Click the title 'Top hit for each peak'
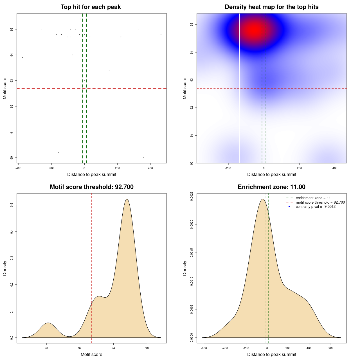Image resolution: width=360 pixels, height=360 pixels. (91, 7)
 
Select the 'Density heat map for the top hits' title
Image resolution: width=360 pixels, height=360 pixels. (271, 7)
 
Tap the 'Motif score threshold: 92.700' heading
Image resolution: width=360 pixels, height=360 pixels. (91, 187)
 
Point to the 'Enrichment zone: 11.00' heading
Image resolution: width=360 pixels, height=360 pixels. (271, 187)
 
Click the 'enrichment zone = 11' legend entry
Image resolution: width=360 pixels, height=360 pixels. (313, 198)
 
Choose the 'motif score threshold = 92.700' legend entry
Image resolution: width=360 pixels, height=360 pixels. (320, 202)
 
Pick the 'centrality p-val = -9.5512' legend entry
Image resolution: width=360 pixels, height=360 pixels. (316, 207)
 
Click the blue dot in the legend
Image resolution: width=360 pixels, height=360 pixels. (289, 207)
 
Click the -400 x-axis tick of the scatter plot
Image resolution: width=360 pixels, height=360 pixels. (19, 168)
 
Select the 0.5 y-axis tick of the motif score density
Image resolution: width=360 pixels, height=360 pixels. (12, 205)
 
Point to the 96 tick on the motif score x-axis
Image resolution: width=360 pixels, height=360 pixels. (147, 348)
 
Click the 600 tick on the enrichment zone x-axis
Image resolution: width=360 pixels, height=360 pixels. (330, 348)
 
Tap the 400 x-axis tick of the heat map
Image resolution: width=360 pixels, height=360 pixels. (335, 168)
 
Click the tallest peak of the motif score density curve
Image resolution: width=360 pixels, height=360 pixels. (127, 199)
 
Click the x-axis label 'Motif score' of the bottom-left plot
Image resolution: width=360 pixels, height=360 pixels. (91, 354)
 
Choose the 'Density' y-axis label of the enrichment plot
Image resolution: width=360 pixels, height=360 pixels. (185, 268)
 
